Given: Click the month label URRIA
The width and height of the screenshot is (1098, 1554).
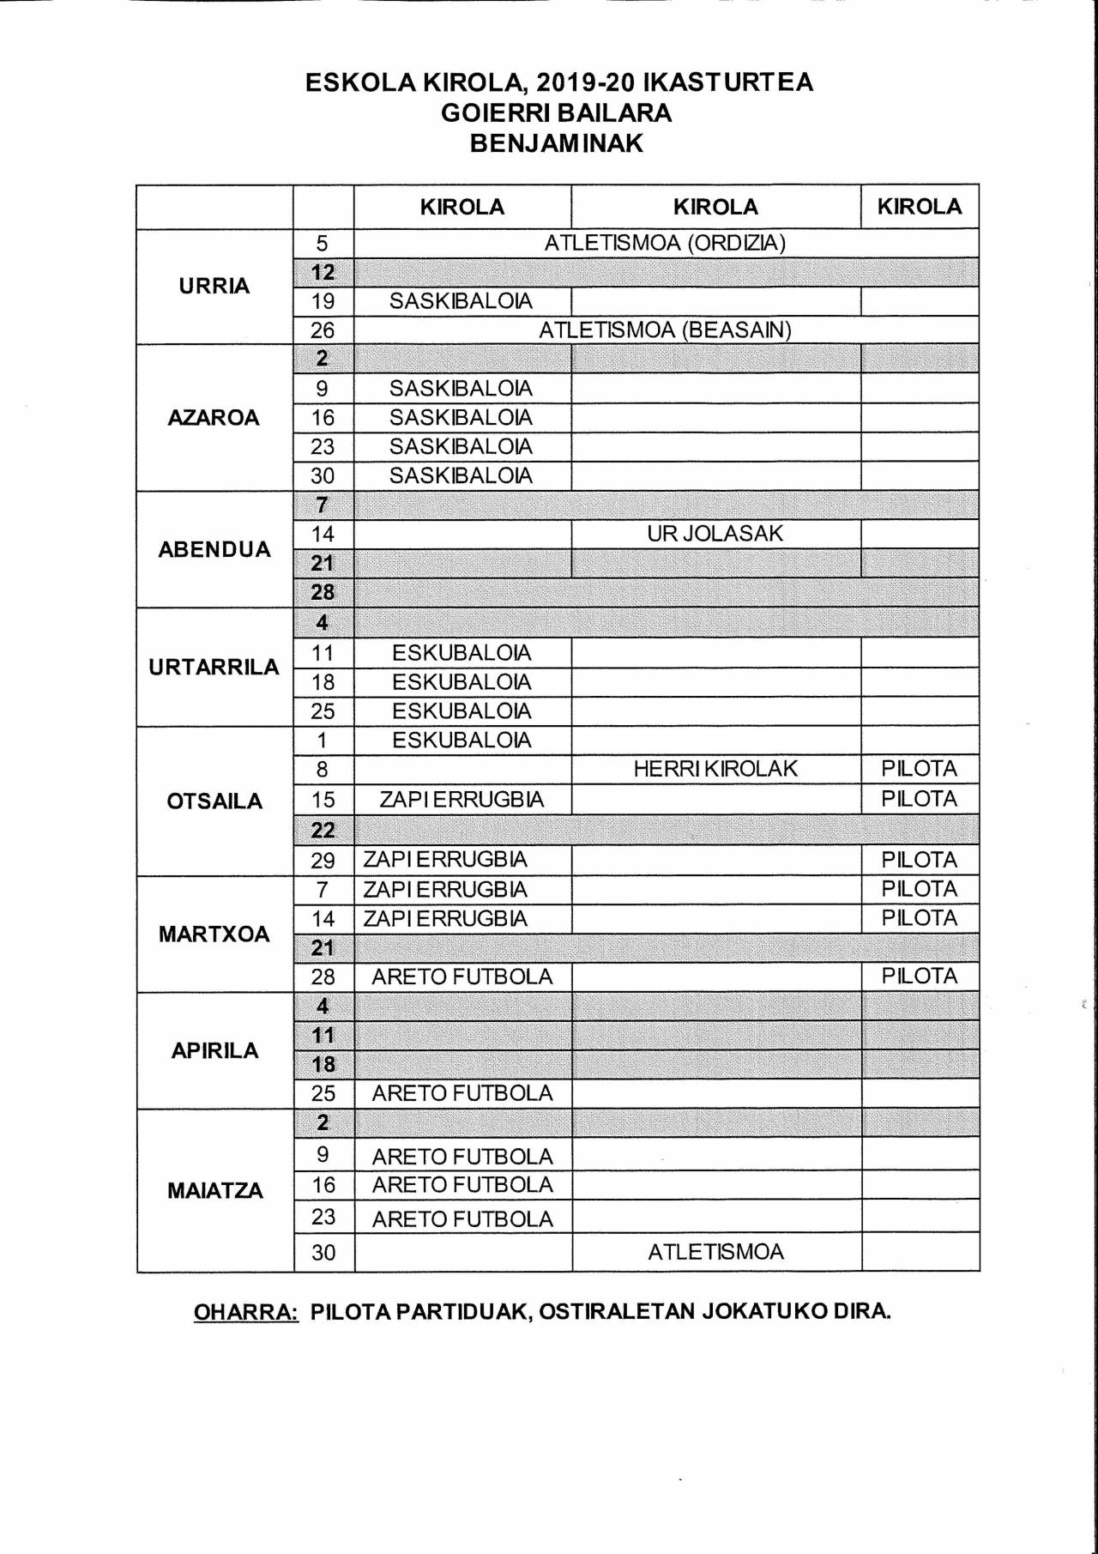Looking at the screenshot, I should [x=214, y=286].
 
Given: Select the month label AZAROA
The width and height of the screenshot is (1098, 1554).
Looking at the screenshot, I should [x=214, y=418].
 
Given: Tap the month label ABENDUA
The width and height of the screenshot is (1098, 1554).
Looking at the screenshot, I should [x=214, y=549].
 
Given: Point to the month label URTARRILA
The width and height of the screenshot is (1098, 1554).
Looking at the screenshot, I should [x=214, y=667].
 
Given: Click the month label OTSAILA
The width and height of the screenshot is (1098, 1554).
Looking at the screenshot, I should [x=214, y=801].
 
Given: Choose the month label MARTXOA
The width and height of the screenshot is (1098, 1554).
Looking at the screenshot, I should [x=214, y=934].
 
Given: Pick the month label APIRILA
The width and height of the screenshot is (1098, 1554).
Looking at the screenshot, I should [x=214, y=1050].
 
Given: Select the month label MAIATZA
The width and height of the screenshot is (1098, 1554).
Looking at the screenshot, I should [x=214, y=1190].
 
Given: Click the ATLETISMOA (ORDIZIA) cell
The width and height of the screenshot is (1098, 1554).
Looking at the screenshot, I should [x=665, y=243].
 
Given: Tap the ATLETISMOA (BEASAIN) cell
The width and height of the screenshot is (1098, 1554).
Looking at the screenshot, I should [x=665, y=330].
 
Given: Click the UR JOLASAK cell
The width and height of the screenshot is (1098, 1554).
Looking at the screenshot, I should [x=715, y=534].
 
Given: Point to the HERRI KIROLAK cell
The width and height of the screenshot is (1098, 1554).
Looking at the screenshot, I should [x=715, y=769].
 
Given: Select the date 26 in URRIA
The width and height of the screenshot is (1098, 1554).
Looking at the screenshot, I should [x=323, y=330].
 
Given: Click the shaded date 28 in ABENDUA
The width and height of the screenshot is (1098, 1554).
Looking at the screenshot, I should [x=323, y=593].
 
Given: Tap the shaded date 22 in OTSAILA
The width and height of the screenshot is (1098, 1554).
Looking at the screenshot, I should [x=323, y=830].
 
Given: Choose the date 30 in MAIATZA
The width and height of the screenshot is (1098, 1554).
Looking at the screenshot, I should [x=323, y=1253].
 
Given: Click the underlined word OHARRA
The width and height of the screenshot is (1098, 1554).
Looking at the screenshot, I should [x=246, y=1312].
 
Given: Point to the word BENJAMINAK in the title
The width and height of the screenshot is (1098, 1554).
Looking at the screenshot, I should [x=557, y=143].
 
